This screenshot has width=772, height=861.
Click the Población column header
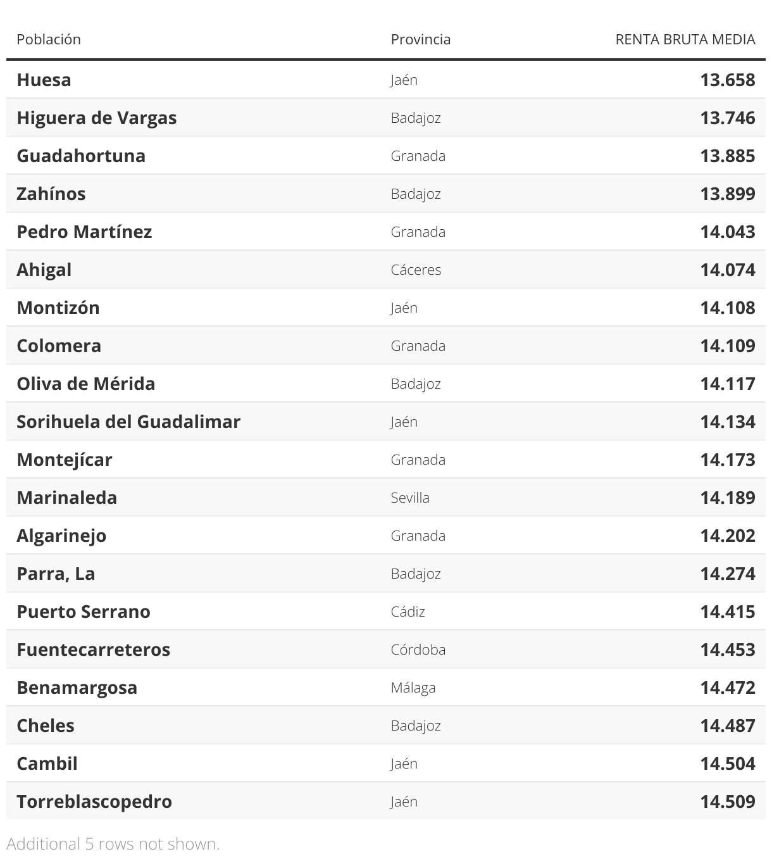pyautogui.click(x=49, y=39)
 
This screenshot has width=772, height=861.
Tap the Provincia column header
pyautogui.click(x=421, y=39)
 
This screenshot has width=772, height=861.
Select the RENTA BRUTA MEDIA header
pyautogui.click(x=685, y=39)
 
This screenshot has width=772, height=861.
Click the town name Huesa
pyautogui.click(x=44, y=80)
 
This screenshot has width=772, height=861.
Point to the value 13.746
pyautogui.click(x=727, y=118)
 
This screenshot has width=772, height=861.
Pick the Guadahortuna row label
pyautogui.click(x=81, y=156)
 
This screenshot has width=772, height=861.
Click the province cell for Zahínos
pyautogui.click(x=416, y=194)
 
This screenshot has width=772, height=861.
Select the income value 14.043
pyautogui.click(x=727, y=232)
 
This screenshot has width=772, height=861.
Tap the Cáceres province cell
pyautogui.click(x=416, y=270)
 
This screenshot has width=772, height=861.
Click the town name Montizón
pyautogui.click(x=58, y=308)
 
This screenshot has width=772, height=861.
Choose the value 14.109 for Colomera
pyautogui.click(x=727, y=346)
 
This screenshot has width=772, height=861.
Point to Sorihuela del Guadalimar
pyautogui.click(x=128, y=422)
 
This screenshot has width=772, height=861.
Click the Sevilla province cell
pyautogui.click(x=410, y=498)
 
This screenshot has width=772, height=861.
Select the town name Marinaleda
pyautogui.click(x=66, y=498)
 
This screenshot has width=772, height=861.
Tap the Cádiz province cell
pyautogui.click(x=408, y=612)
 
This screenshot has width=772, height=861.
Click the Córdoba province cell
pyautogui.click(x=418, y=650)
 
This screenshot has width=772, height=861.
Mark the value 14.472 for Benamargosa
pyautogui.click(x=727, y=688)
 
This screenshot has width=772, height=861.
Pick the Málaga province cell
pyautogui.click(x=413, y=688)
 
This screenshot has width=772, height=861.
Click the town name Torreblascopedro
pyautogui.click(x=94, y=801)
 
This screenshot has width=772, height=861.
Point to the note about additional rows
pyautogui.click(x=113, y=844)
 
